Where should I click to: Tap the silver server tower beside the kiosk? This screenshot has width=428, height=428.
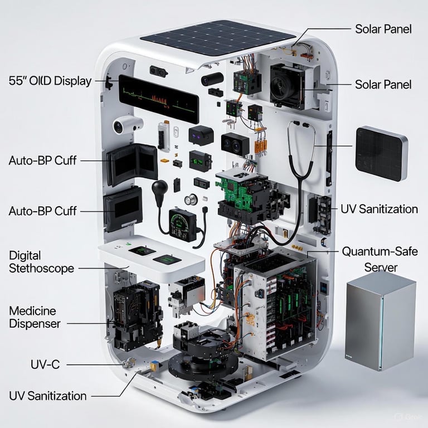[381, 321]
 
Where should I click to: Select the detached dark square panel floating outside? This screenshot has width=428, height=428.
[382, 154]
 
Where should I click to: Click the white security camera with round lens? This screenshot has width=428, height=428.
[128, 124]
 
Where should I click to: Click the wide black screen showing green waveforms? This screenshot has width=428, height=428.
[159, 99]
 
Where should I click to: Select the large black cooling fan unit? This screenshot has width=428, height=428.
[287, 86]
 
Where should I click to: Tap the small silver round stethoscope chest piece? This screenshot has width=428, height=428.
[191, 200]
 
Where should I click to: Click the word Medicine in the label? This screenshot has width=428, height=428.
[32, 311]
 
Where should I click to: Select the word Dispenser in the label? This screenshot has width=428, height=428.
[35, 324]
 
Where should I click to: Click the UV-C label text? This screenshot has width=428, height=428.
[45, 364]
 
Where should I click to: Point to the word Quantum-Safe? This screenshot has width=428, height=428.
[380, 251]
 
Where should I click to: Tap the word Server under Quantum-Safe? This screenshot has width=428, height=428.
[381, 267]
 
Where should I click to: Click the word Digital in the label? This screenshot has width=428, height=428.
[25, 256]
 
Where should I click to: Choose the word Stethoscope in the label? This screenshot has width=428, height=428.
[41, 268]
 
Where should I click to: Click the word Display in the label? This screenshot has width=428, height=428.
[72, 81]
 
